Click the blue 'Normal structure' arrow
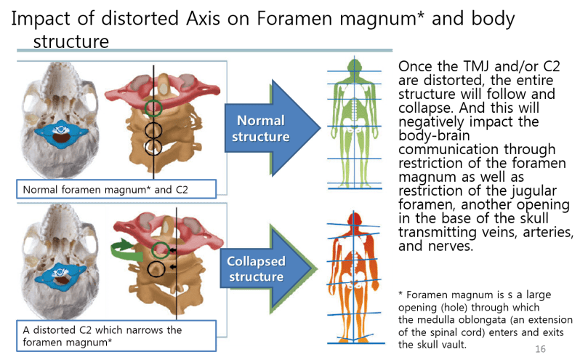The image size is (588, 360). point(270,128)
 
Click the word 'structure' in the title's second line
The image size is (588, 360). point(71,41)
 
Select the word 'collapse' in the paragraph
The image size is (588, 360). point(425,108)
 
